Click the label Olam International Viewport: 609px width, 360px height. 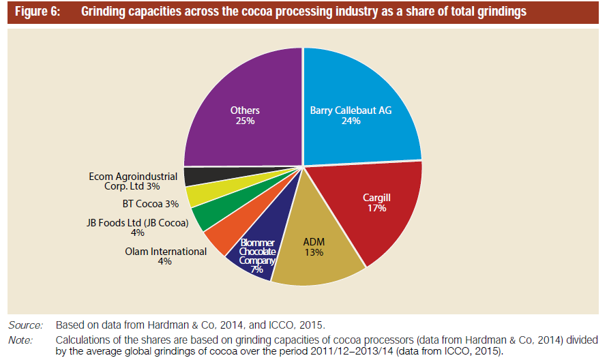tap(166, 252)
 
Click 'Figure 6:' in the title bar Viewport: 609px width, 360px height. tap(38, 12)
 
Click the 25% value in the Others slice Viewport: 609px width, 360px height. tap(245, 121)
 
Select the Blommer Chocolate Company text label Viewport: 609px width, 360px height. tap(256, 252)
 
